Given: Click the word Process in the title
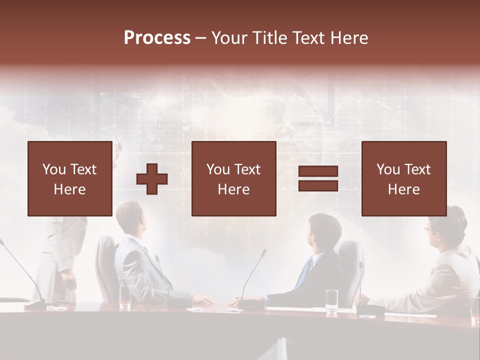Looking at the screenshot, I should [157, 38].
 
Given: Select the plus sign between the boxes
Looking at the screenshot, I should [152, 179].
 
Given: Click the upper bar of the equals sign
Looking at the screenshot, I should [318, 171].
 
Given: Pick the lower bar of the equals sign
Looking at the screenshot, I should [318, 186].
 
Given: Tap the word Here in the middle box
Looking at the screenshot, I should [233, 189].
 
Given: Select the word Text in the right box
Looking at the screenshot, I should [418, 169].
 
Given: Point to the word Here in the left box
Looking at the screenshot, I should [69, 189].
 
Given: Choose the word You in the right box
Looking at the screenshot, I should [388, 169].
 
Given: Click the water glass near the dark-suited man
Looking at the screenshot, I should [331, 301].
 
